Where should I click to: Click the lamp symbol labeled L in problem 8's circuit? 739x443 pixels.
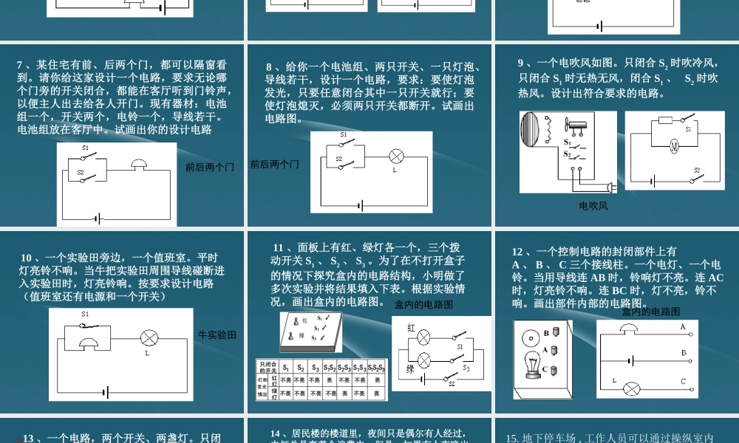click(395, 157)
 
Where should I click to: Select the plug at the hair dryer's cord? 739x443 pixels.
click(610, 188)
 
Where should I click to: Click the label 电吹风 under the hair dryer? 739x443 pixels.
click(593, 206)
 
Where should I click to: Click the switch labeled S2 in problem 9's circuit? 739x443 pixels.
click(693, 177)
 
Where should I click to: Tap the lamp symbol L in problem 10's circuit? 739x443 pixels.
click(149, 338)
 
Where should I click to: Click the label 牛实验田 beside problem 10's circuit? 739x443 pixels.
click(217, 335)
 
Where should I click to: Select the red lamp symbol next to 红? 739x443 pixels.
click(424, 337)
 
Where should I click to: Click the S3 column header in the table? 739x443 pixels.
click(315, 367)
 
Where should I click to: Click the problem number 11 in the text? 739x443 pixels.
click(279, 247)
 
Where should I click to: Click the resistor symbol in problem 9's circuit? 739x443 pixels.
click(664, 119)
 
